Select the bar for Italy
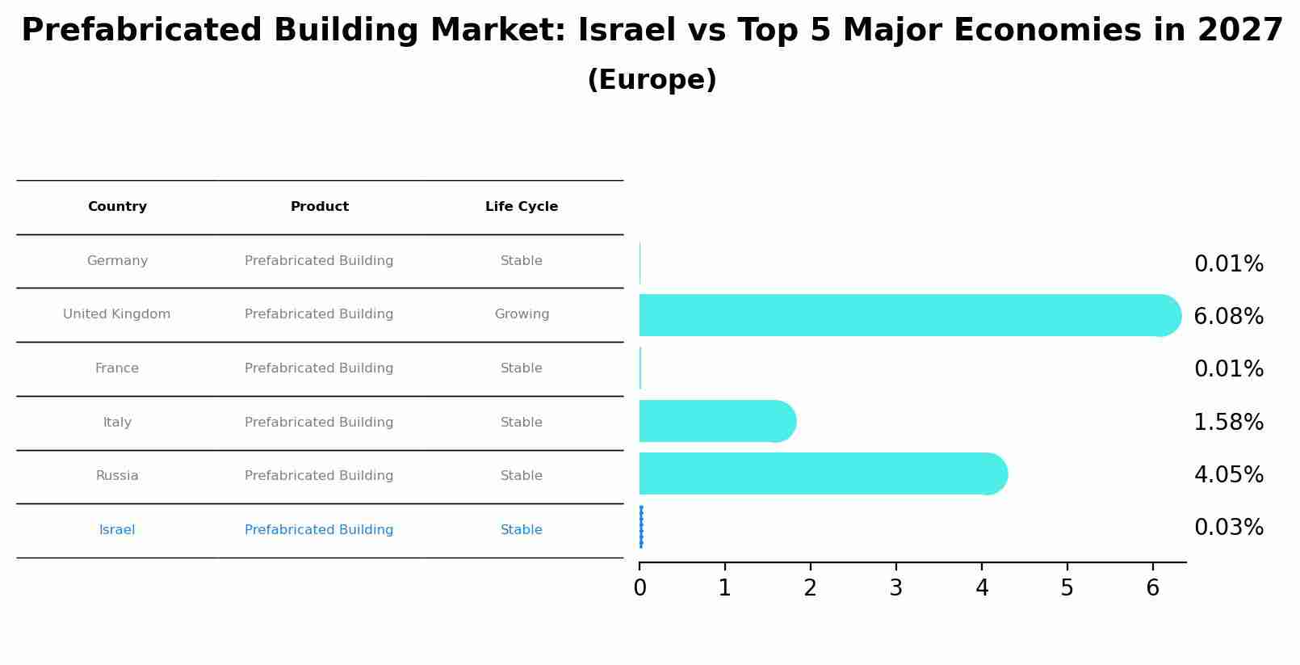pyautogui.click(x=715, y=421)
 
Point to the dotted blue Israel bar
pyautogui.click(x=641, y=527)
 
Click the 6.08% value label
pyautogui.click(x=1228, y=317)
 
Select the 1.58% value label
pyautogui.click(x=1228, y=423)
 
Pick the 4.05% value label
pyautogui.click(x=1228, y=475)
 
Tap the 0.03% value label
pyautogui.click(x=1228, y=528)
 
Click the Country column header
pyautogui.click(x=117, y=207)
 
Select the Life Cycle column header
pyautogui.click(x=522, y=207)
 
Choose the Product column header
pyautogui.click(x=320, y=207)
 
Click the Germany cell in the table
pyautogui.click(x=117, y=261)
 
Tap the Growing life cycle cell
pyautogui.click(x=522, y=314)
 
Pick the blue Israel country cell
pyautogui.click(x=117, y=530)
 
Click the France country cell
pyautogui.click(x=117, y=368)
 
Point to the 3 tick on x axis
pyautogui.click(x=895, y=588)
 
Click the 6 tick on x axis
pyautogui.click(x=1152, y=588)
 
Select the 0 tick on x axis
pyautogui.click(x=640, y=588)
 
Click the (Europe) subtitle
pyautogui.click(x=652, y=81)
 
